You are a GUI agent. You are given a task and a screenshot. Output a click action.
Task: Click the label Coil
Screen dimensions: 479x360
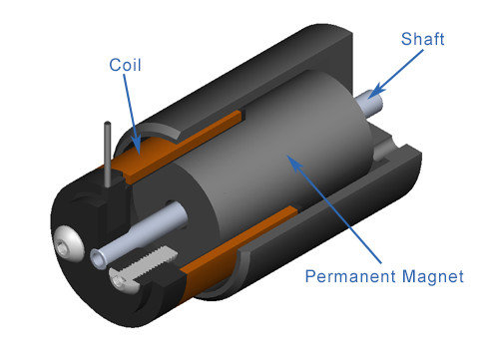point(125,65)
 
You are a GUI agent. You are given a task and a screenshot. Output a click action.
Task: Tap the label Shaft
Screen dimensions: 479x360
point(422,39)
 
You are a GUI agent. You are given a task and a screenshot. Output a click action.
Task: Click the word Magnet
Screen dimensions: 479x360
point(433,276)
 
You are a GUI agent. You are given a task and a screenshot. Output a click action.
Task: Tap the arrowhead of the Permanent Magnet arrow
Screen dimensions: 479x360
point(294,163)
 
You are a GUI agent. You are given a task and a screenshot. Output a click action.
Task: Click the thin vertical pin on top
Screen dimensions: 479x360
point(108,154)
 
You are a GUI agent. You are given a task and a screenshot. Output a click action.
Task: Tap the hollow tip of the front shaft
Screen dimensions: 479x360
point(98,259)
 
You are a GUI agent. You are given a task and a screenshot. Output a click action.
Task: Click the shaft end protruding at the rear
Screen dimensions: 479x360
point(369,103)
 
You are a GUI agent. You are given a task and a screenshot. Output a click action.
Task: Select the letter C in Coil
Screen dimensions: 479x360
point(115,65)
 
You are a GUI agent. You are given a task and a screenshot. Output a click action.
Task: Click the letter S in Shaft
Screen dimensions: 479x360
point(406,39)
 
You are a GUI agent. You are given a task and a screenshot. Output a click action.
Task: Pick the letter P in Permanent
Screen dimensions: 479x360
point(310,276)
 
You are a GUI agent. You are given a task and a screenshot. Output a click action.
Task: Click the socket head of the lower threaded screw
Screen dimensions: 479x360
point(118,281)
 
